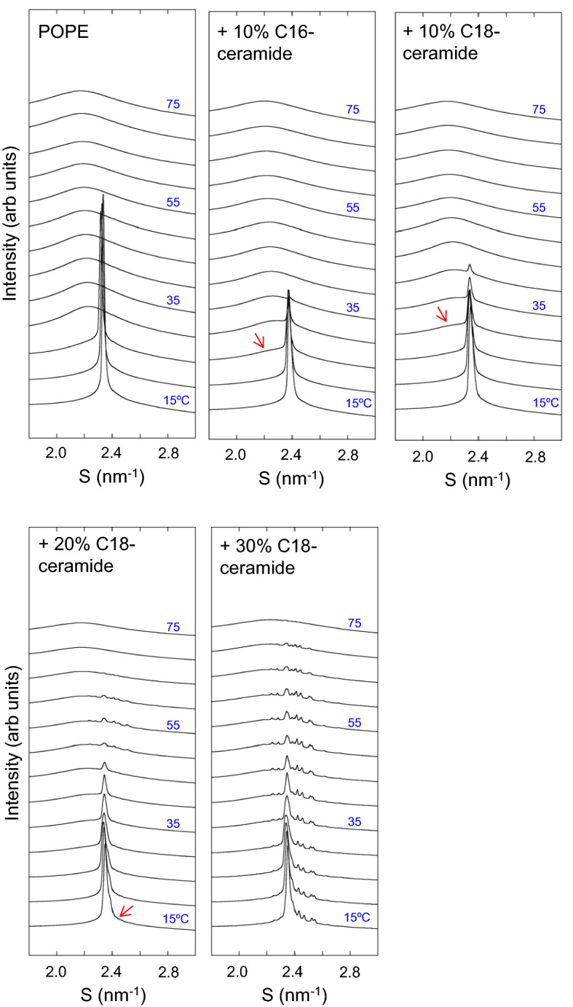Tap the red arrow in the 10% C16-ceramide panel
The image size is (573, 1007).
[x=259, y=340]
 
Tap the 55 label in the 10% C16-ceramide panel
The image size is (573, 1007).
[x=353, y=207]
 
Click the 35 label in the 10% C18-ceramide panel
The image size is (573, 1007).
[x=539, y=306]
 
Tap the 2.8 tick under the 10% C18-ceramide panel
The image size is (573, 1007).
[x=535, y=457]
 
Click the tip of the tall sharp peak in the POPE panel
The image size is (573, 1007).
[x=103, y=195]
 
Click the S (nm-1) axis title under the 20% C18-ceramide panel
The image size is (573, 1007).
[x=111, y=995]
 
